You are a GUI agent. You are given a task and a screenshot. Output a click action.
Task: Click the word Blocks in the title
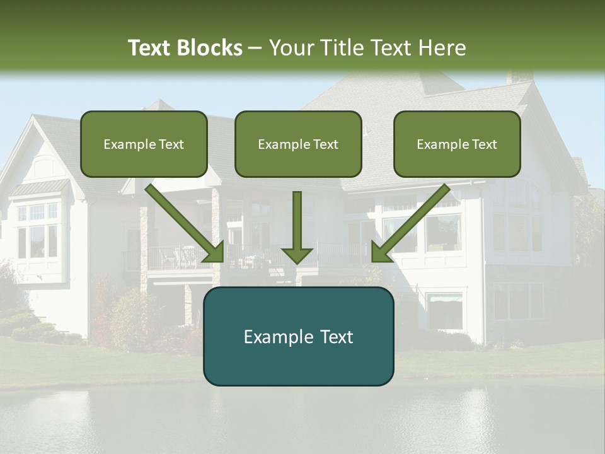point(209,48)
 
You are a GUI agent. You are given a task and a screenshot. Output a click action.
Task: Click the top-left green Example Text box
point(144,144)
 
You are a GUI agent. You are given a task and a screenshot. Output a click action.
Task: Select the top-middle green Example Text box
point(298,144)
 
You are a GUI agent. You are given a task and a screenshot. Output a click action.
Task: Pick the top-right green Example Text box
point(457,144)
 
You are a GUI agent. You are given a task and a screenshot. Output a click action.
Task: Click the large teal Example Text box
point(298,336)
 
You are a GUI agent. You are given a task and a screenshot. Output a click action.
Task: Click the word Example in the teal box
point(274,336)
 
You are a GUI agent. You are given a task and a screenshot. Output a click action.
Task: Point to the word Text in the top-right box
point(484,144)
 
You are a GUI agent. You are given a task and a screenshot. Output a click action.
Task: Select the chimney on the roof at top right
point(521,76)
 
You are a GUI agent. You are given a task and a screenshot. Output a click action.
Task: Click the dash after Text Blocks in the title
point(255,48)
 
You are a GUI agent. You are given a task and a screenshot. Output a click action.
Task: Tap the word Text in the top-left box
point(171,144)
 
